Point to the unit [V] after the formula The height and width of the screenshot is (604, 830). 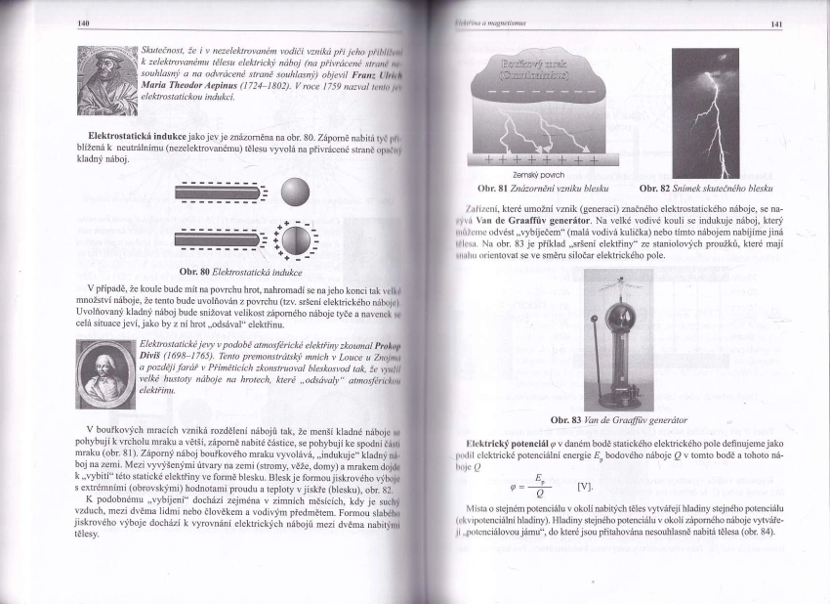pos(585,486)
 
